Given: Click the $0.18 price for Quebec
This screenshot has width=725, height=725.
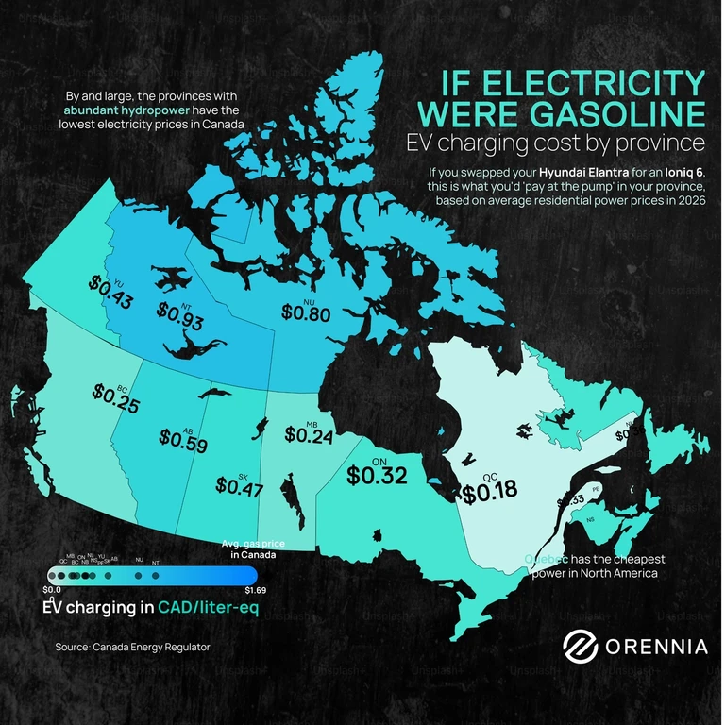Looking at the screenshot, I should point(490,492).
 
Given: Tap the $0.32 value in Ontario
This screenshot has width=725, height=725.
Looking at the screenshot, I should point(377,476).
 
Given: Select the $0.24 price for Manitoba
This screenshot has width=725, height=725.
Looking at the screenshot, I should point(309,436).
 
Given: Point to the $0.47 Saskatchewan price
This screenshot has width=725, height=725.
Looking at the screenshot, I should point(239,486).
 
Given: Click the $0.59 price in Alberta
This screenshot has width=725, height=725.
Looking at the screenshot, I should point(183,440).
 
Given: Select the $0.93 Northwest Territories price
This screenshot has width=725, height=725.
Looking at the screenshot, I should point(180,319).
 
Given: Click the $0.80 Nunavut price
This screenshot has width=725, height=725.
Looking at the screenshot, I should point(305,314).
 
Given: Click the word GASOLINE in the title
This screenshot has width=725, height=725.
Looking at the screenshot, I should point(591,113).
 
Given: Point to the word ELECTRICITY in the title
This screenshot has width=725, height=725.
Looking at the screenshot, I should point(575,82).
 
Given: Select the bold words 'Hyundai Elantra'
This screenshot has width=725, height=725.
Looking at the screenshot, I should point(583,175).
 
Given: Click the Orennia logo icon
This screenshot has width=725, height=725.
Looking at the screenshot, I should point(582,646).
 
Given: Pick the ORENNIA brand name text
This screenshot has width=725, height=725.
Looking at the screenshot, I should point(656,647).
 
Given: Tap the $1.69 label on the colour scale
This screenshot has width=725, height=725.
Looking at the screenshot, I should point(258,591).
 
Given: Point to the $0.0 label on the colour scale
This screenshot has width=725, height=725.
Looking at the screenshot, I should point(53,591).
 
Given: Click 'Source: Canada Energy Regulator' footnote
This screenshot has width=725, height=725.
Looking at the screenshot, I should point(132,647).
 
